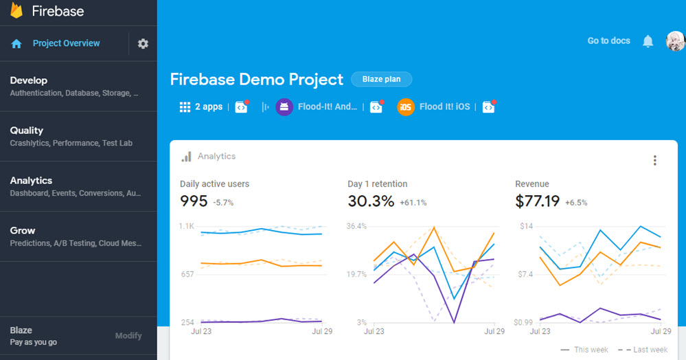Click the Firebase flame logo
(16, 10)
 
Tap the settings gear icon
(143, 43)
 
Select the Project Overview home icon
(16, 43)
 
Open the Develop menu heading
(28, 80)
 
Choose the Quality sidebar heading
(26, 131)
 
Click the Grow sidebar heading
(22, 230)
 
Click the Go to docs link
(608, 41)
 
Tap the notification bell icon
(648, 41)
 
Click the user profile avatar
(676, 41)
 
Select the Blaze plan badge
(382, 79)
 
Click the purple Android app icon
(284, 107)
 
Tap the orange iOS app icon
(406, 107)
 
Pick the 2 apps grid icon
(185, 107)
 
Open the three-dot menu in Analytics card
(655, 160)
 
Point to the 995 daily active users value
(194, 201)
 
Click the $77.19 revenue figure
(537, 201)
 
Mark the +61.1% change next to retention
(413, 203)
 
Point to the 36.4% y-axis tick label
(356, 226)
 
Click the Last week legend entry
(642, 350)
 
